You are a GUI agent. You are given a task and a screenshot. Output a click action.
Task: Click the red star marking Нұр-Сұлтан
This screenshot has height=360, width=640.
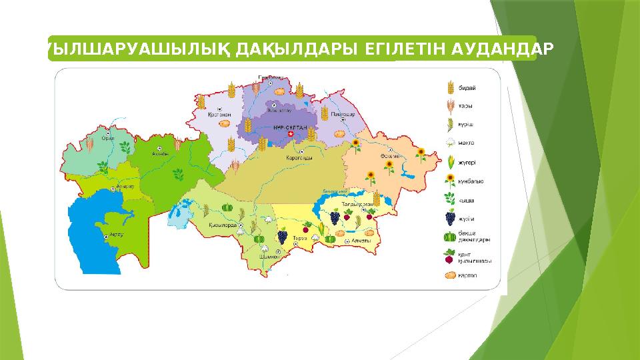tap(289, 135)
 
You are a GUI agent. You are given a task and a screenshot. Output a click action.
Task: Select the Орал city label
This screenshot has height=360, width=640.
tap(108, 138)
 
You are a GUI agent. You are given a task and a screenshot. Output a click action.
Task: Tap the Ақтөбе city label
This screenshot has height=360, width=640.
tap(161, 153)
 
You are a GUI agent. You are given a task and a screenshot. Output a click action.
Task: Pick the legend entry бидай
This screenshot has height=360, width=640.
tap(467, 87)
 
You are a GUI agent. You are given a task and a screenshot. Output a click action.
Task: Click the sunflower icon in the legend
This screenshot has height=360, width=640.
tap(450, 180)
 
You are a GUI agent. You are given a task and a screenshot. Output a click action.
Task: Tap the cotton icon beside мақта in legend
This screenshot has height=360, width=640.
tap(450, 143)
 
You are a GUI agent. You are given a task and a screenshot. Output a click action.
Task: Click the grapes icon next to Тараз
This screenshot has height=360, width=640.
tap(283, 235)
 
